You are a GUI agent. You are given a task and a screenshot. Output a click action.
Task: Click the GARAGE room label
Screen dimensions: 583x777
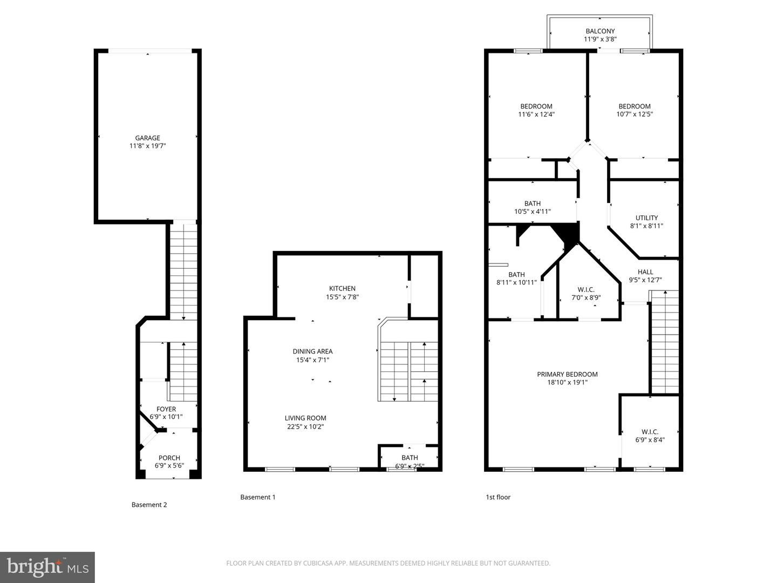(x=147, y=138)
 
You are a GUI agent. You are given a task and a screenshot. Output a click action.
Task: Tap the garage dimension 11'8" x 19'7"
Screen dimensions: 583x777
(x=147, y=146)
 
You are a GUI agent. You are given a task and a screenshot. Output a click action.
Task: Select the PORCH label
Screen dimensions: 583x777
(x=169, y=458)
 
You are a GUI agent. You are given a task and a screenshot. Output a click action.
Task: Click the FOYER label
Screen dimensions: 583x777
(x=166, y=409)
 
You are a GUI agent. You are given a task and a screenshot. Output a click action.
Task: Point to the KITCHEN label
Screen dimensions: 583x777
(x=342, y=288)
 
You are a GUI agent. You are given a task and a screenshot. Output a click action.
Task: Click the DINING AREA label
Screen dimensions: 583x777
(x=312, y=351)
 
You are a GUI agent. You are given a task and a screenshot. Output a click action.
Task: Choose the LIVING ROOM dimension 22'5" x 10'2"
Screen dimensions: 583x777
(x=305, y=426)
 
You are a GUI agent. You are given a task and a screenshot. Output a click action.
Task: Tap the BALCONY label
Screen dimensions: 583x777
(x=600, y=31)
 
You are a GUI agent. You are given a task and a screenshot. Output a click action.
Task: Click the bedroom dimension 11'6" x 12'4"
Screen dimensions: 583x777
(x=536, y=114)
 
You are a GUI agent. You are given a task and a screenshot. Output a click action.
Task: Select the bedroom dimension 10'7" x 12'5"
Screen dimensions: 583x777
(x=635, y=114)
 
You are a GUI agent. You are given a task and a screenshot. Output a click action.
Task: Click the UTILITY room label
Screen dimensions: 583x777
(x=646, y=218)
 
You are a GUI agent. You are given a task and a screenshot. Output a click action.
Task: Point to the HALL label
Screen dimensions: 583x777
(x=645, y=272)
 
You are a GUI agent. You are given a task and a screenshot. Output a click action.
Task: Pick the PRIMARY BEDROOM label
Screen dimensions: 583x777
(x=567, y=374)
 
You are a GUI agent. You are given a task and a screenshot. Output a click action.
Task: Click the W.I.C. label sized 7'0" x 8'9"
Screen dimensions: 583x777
(x=586, y=289)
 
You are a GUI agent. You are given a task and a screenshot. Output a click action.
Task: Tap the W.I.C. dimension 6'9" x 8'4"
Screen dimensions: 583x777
(x=650, y=440)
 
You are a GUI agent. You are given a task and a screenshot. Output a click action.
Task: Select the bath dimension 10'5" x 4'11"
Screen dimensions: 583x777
(x=532, y=212)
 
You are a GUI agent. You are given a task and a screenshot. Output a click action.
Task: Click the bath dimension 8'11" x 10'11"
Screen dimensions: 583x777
(x=516, y=282)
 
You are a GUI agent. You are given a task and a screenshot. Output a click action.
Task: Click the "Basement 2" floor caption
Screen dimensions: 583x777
(x=149, y=505)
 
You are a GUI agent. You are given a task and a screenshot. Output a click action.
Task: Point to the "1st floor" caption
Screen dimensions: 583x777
(x=498, y=497)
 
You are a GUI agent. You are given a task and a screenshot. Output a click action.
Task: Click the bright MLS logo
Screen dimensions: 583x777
(x=47, y=567)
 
